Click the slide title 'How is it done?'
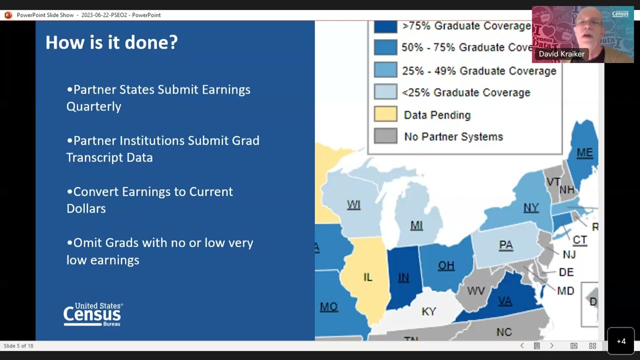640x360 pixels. tap(111, 42)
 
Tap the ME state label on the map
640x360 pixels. tap(584, 153)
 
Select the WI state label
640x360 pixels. tap(353, 205)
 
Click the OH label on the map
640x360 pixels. tap(446, 265)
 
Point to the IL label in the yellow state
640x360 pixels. tap(367, 277)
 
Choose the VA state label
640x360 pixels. tap(505, 301)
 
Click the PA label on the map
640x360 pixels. tap(506, 245)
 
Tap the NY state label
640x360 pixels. tap(531, 208)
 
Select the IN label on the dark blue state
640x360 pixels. tap(403, 278)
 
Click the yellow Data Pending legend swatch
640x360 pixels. tap(385, 114)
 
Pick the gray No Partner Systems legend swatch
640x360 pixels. tap(385, 136)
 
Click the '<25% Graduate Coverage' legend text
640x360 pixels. tap(466, 92)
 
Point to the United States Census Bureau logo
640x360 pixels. tap(93, 314)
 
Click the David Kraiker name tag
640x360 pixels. tap(561, 54)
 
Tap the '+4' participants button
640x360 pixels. tap(621, 341)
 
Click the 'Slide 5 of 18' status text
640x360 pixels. tap(18, 346)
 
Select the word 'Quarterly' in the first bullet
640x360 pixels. tap(94, 106)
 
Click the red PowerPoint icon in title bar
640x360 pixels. tap(8, 15)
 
